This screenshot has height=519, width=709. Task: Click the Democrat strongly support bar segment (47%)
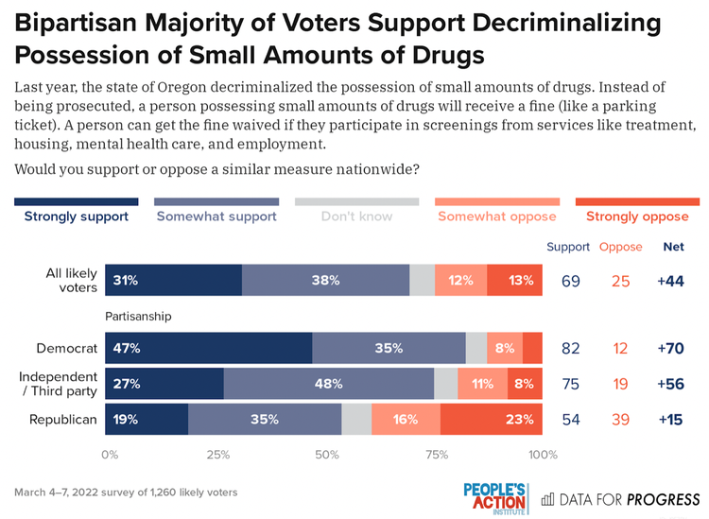208,348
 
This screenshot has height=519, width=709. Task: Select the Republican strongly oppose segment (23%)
491,419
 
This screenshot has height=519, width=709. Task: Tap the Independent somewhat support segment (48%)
329,384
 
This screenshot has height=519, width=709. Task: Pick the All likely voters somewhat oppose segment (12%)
461,280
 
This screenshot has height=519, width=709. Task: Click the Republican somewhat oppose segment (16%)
406,419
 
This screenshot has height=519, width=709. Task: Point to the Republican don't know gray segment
356,419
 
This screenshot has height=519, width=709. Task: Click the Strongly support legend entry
77,216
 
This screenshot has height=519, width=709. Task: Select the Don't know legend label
356,216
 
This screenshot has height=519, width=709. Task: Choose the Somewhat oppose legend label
497,216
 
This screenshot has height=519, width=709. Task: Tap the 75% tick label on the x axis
436,455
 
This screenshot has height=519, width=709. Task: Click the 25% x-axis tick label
218,455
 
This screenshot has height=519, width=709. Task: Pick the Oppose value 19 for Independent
620,384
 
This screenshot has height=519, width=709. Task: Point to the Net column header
673,247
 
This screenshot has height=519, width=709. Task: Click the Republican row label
64,419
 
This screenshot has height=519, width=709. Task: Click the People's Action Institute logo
494,497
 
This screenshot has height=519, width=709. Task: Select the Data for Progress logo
621,498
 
